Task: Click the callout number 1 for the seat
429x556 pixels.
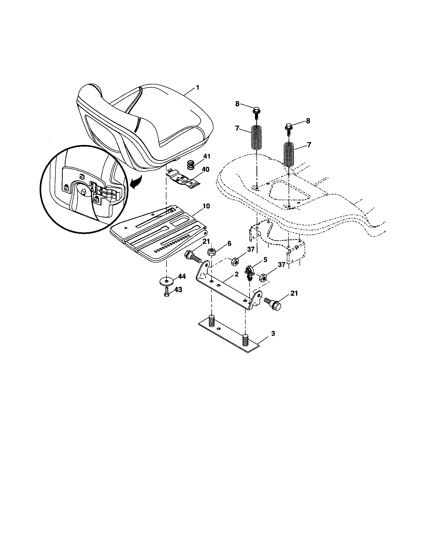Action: coord(197,88)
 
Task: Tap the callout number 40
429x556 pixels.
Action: coord(206,169)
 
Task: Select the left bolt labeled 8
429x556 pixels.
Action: coord(256,112)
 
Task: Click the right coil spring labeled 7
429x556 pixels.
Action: coord(289,154)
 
